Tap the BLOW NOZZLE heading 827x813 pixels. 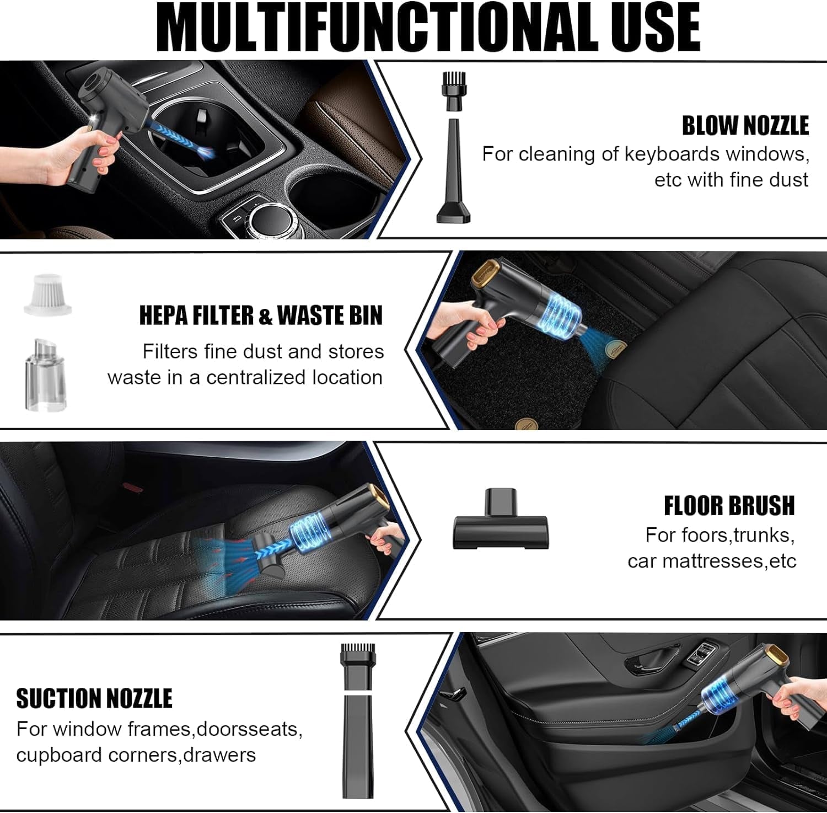(x=745, y=126)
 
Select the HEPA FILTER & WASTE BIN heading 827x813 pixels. (x=260, y=315)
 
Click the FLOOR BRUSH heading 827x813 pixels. (x=729, y=506)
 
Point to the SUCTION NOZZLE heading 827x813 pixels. (x=94, y=698)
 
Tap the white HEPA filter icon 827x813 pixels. (x=48, y=294)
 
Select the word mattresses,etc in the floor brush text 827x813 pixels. (x=729, y=561)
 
